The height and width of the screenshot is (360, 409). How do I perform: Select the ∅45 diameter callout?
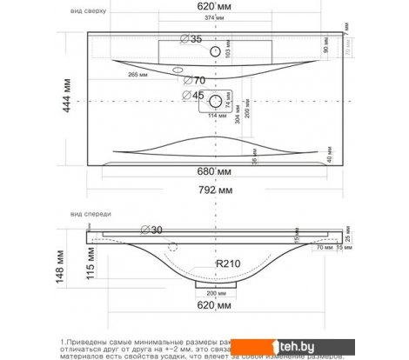point(195,95)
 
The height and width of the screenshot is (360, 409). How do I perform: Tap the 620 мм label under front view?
point(213,307)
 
